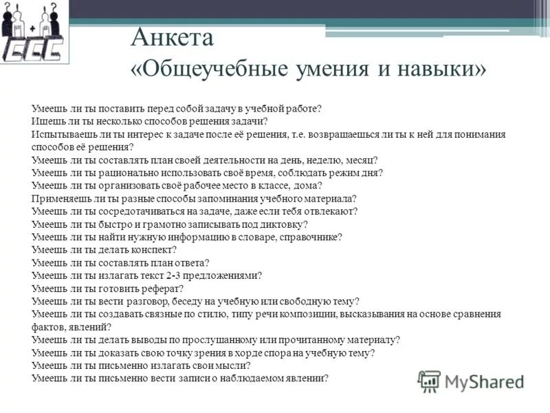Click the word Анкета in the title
point(173,38)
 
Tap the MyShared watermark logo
point(472,381)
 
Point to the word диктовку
point(284,224)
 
